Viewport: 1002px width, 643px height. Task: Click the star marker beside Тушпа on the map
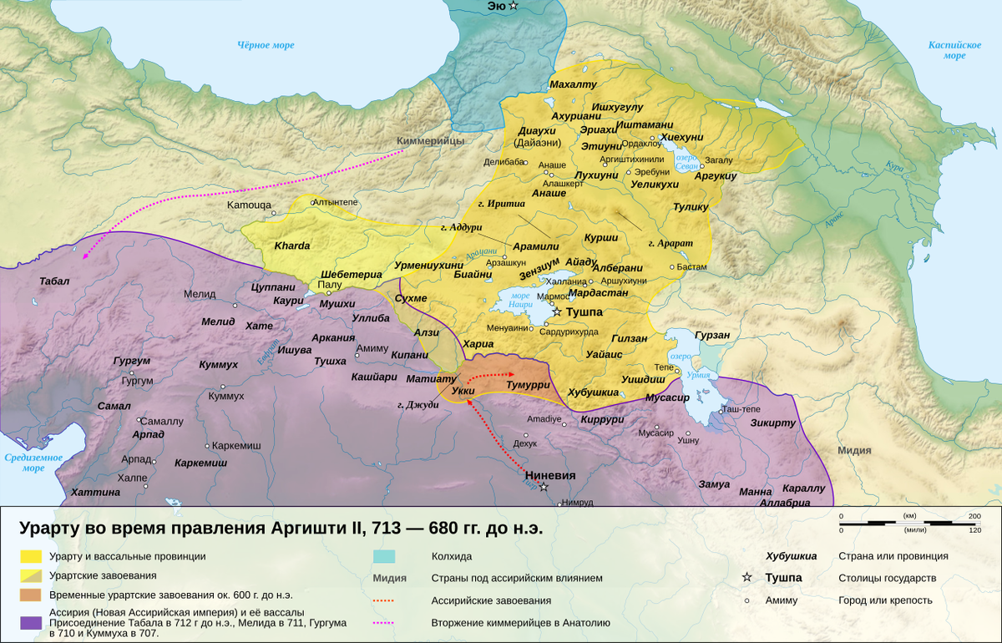(x=557, y=311)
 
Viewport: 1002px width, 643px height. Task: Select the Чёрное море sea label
(x=266, y=45)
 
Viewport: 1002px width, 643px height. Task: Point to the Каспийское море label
(x=954, y=50)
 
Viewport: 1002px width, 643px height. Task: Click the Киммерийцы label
(x=430, y=141)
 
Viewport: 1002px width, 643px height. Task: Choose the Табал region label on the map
(x=54, y=281)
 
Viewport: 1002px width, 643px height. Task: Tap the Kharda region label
(x=292, y=246)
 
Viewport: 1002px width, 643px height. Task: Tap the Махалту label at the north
(x=574, y=85)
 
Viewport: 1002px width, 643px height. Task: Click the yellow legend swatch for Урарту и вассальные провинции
(x=31, y=556)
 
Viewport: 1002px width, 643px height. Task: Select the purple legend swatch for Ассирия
(x=31, y=622)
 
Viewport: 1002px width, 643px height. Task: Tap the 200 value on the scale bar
(x=974, y=516)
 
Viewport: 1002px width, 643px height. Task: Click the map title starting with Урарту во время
(x=281, y=529)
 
